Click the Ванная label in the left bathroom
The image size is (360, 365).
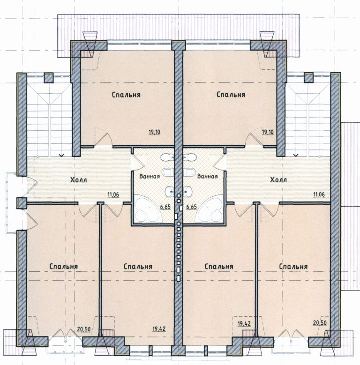pos(150,176)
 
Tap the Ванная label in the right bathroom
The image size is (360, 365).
pos(208,176)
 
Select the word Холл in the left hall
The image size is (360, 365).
pos(78,180)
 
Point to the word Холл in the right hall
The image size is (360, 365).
pos(278,180)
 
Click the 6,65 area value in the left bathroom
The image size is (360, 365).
pos(165,207)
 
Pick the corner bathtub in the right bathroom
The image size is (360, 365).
pos(209,208)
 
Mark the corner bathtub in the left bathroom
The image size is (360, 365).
pos(148,208)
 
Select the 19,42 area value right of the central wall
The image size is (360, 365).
pos(244,323)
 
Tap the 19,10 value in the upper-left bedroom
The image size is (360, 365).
pos(154,132)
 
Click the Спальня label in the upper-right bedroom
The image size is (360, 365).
pos(231,95)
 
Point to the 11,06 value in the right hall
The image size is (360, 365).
pos(319,194)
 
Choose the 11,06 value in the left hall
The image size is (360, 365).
pos(113,194)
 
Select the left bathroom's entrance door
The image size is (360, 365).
pos(138,162)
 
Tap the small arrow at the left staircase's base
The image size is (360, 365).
pos(61,155)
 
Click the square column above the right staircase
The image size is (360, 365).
pos(308,77)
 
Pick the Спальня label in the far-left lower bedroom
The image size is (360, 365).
pos(64,266)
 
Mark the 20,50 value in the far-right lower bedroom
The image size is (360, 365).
pos(320,323)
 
